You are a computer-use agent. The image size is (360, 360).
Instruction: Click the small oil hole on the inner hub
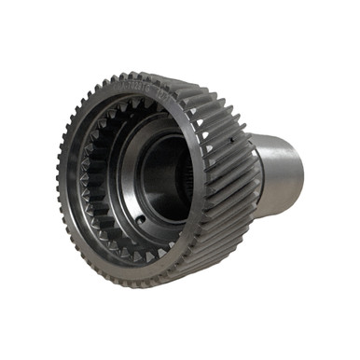[x=139, y=220]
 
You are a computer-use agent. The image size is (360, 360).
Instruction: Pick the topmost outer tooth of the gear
[x=140, y=76]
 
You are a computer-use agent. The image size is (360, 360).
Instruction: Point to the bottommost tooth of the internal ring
[x=131, y=256]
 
